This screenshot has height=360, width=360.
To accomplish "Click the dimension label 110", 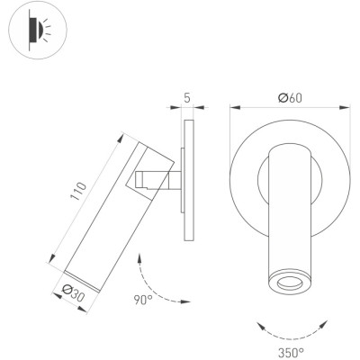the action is pyautogui.click(x=78, y=191).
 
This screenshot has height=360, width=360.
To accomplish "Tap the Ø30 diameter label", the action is pyautogui.click(x=73, y=292).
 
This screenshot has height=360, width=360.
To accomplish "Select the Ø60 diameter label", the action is pyautogui.click(x=290, y=98).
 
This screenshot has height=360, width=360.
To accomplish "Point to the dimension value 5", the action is pyautogui.click(x=187, y=98).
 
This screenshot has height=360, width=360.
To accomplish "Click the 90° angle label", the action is pyautogui.click(x=143, y=300).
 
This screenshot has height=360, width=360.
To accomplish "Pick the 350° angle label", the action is pyautogui.click(x=291, y=352).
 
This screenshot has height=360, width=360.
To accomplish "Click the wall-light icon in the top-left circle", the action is pyautogui.click(x=38, y=30).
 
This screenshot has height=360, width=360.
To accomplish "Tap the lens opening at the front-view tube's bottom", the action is pyautogui.click(x=290, y=283).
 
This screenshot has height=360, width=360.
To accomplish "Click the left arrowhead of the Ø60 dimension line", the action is pyautogui.click(x=235, y=107).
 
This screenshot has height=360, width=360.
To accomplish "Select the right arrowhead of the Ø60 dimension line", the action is pyautogui.click(x=345, y=107).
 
